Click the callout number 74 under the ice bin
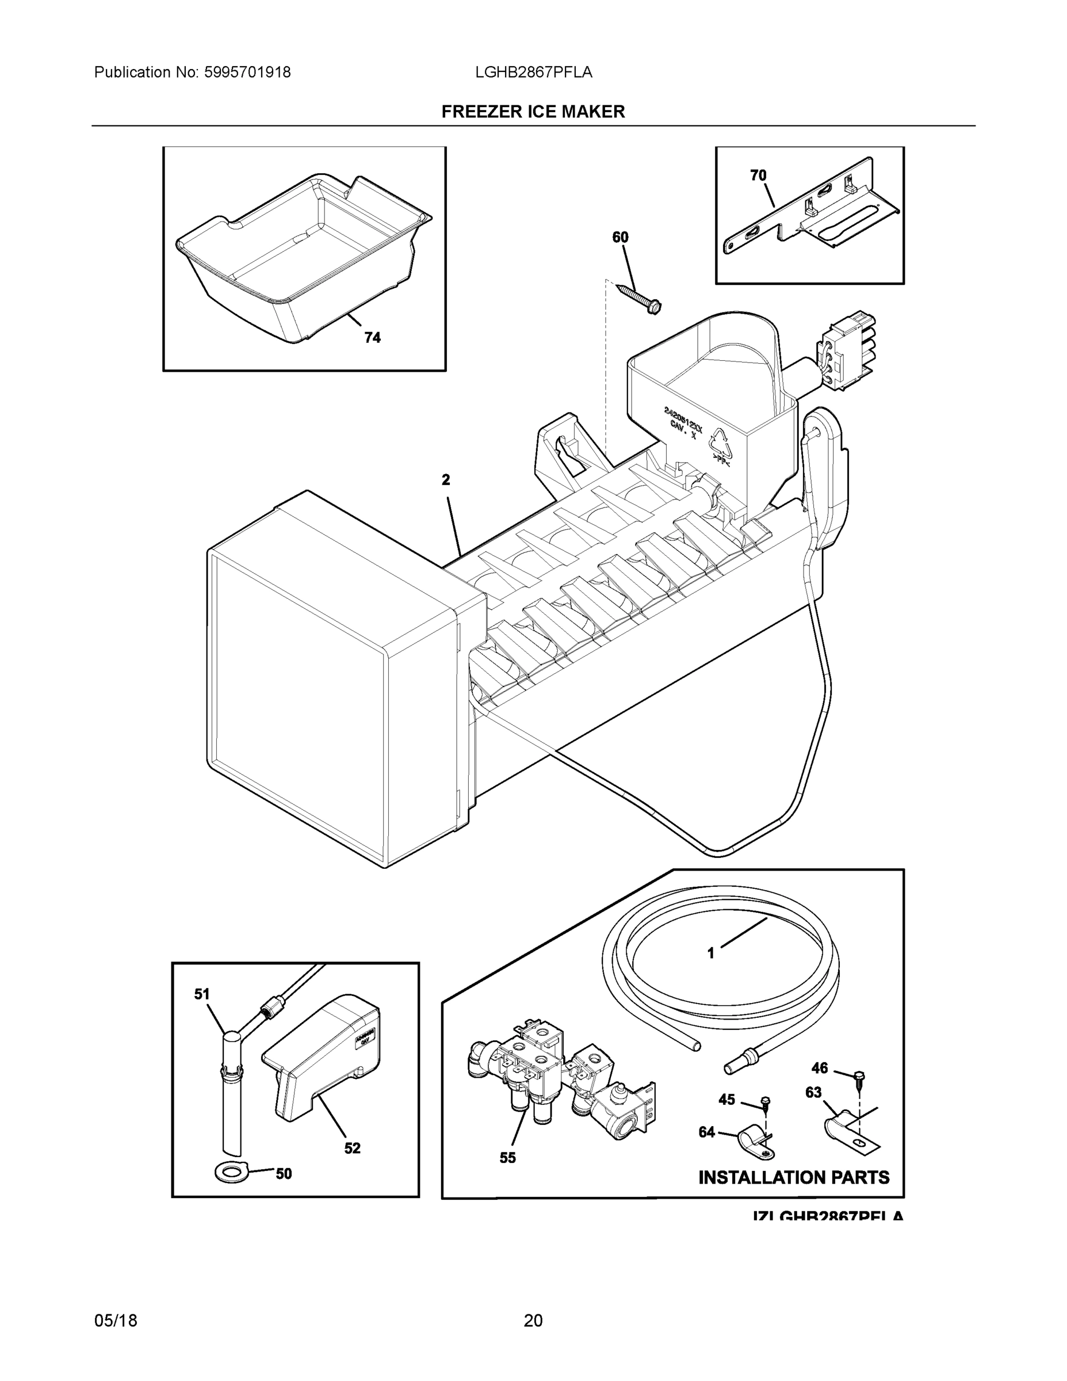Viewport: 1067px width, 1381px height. tap(372, 338)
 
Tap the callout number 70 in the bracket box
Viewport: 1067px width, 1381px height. tap(758, 175)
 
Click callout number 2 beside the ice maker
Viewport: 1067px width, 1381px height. tap(446, 480)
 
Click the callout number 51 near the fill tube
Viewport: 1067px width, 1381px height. tap(202, 994)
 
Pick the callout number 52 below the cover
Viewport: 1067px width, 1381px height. tap(352, 1148)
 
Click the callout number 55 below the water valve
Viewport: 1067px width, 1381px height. tap(507, 1158)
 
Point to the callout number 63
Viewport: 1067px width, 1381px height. tap(813, 1092)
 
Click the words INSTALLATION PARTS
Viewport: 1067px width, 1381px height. tap(793, 1177)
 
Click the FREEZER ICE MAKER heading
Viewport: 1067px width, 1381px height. tap(533, 112)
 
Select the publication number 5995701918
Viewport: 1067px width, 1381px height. tap(247, 73)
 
